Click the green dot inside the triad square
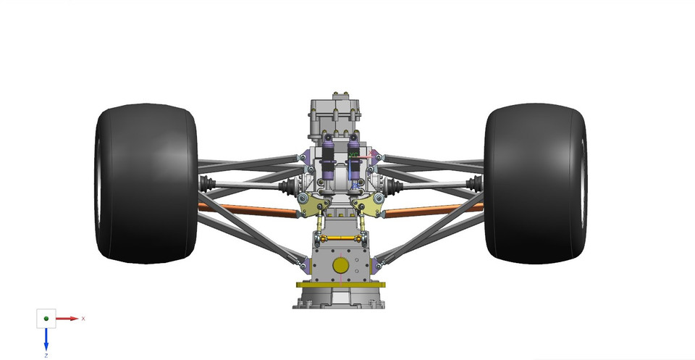(46, 319)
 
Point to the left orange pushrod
(246, 211)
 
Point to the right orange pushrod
(434, 211)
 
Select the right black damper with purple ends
(355, 161)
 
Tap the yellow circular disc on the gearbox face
(340, 266)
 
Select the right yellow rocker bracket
(371, 206)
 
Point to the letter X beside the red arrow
(83, 319)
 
